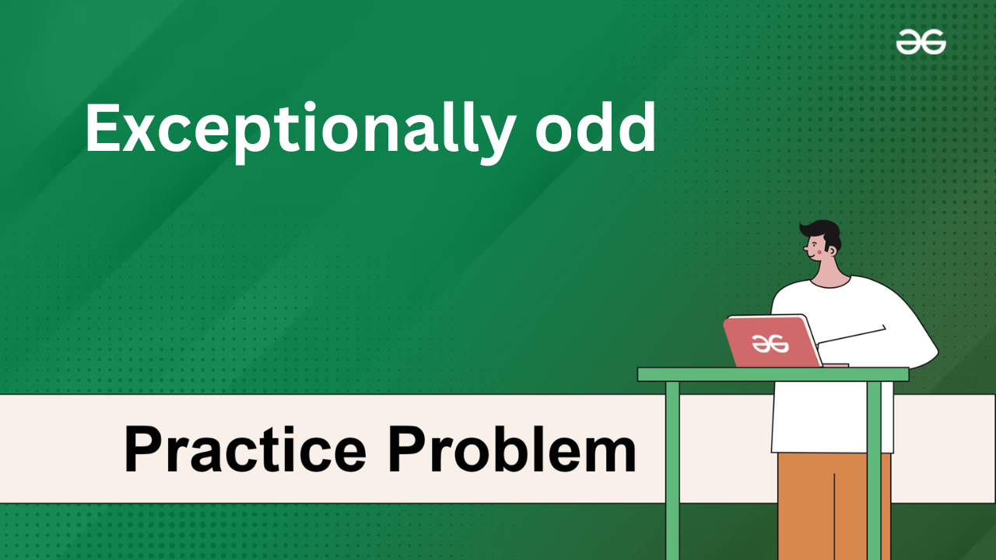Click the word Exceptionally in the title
coord(300,132)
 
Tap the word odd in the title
coord(595,128)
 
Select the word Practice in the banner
coord(245,450)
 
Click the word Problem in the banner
coord(512,449)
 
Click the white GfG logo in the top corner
coord(921,42)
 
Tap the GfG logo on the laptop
coord(770,344)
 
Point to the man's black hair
coord(822,233)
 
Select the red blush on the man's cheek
coord(819,252)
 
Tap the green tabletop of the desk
coord(773,375)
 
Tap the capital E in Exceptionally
coord(103,128)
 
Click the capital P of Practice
coord(143,449)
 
